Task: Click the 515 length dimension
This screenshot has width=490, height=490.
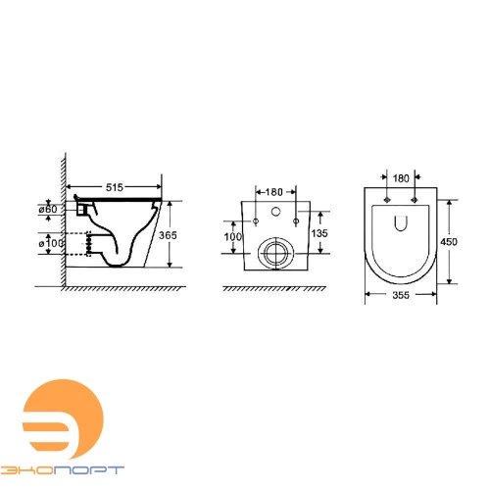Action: pyautogui.click(x=115, y=187)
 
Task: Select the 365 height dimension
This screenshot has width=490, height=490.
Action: pyautogui.click(x=168, y=235)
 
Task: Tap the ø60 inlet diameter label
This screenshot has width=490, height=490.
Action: pyautogui.click(x=48, y=209)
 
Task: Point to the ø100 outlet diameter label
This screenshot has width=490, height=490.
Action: pyautogui.click(x=51, y=243)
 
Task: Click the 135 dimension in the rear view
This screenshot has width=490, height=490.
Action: pyautogui.click(x=319, y=233)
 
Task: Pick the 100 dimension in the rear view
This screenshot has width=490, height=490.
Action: pyautogui.click(x=233, y=237)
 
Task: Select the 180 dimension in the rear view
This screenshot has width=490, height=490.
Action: pyautogui.click(x=273, y=192)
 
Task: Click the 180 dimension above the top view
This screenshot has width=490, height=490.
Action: pyautogui.click(x=401, y=178)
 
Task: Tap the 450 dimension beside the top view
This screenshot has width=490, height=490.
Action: pyautogui.click(x=449, y=242)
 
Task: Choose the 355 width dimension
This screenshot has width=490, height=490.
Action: pyautogui.click(x=401, y=295)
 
